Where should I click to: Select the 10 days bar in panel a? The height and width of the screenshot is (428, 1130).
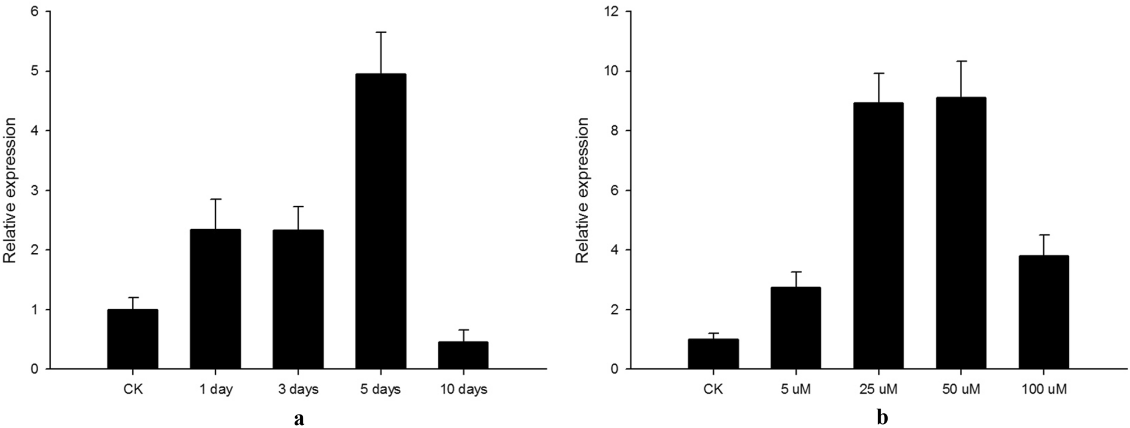coord(463,355)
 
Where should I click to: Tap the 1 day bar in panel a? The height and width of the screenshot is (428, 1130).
coord(215,299)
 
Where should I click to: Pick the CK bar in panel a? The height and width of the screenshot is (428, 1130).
coord(132,339)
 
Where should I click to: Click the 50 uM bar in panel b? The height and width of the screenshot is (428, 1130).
coord(961,233)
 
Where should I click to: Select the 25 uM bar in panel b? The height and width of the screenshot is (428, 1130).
coord(878,236)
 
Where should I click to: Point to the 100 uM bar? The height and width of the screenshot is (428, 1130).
coord(1043,312)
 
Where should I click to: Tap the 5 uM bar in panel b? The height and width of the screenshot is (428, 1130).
coord(795,328)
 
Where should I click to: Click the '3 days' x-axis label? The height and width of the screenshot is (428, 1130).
coord(298,389)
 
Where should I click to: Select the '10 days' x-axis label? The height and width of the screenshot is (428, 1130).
coord(463,389)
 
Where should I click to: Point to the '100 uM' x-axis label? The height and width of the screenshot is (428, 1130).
coord(1043,389)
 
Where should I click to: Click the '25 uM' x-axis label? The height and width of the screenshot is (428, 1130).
coord(878,389)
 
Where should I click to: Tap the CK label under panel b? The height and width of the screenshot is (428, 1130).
coord(713,389)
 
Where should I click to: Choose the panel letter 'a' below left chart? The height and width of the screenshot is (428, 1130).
coord(299,418)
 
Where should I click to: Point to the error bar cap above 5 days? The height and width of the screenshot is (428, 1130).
coord(381,33)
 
